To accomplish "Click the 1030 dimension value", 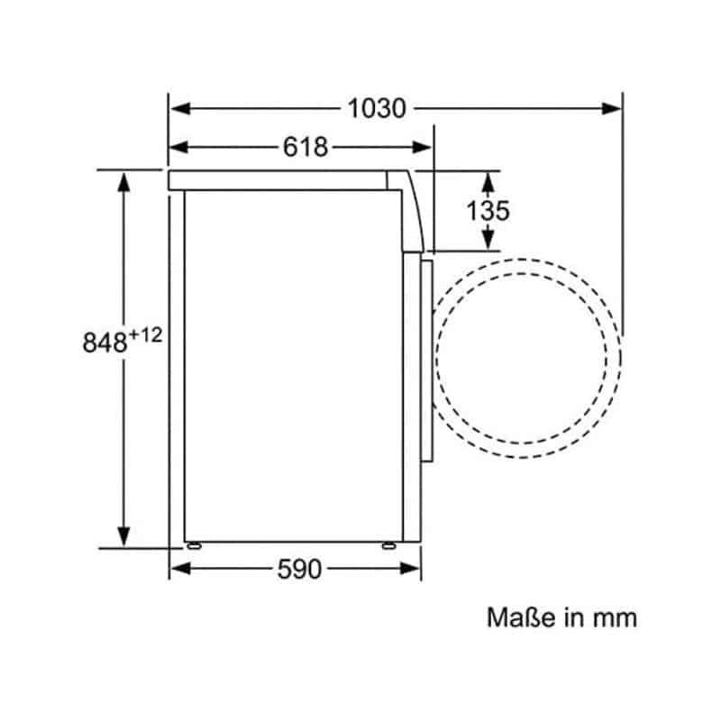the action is [x=377, y=109].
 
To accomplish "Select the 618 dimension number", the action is [x=306, y=147].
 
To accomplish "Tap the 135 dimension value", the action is [x=488, y=211].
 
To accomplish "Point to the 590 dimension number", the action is [x=299, y=569].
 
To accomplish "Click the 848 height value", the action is [x=105, y=342].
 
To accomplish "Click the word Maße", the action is [x=521, y=617].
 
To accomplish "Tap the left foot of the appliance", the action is [x=194, y=546].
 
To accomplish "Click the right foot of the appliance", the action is [x=388, y=546].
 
